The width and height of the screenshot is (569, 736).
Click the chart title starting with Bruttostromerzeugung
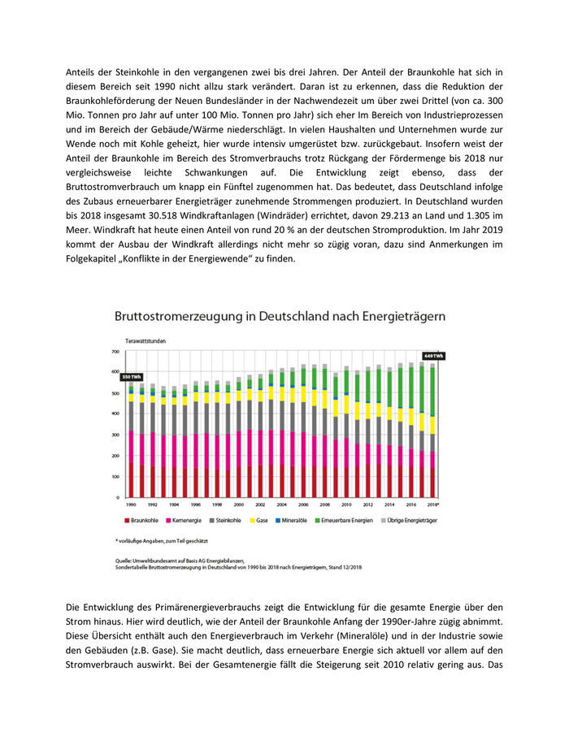(x=280, y=314)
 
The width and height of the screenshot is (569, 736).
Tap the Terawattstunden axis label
(x=146, y=341)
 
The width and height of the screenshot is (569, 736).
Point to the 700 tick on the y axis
(x=115, y=352)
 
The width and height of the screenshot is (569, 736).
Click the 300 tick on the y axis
(x=115, y=435)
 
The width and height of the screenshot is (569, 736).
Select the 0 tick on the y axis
(x=118, y=497)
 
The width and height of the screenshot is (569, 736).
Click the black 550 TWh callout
(x=131, y=377)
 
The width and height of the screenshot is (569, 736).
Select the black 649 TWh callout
(x=432, y=356)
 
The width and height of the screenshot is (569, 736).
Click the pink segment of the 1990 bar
(x=131, y=446)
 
